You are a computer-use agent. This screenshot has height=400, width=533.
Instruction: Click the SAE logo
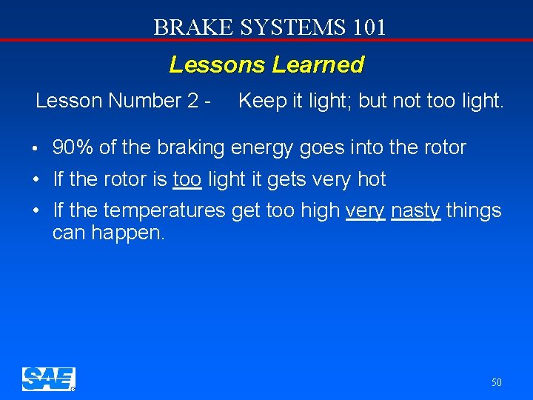coord(48,379)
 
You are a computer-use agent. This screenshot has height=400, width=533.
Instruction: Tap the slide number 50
coord(496,382)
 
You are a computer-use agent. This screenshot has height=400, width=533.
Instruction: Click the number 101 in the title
coord(368,27)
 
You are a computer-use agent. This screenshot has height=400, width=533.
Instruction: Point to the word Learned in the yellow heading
coord(318,65)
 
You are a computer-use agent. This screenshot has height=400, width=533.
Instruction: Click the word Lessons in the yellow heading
coord(217,65)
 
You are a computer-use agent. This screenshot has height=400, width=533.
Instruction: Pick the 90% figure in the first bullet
coord(73,147)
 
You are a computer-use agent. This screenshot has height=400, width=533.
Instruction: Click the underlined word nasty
coord(416,211)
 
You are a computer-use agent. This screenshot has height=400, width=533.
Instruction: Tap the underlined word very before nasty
coord(365,211)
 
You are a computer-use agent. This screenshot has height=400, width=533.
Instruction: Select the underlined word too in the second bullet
coord(187,179)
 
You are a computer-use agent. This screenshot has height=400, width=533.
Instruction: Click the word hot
coord(372,179)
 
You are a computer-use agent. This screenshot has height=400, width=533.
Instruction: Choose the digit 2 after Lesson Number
coord(193,101)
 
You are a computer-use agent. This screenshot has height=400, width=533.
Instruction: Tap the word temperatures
coord(164,211)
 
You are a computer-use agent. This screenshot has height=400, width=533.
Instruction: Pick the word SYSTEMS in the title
coord(283,27)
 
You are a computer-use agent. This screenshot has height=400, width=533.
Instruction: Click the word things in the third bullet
coord(474,211)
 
